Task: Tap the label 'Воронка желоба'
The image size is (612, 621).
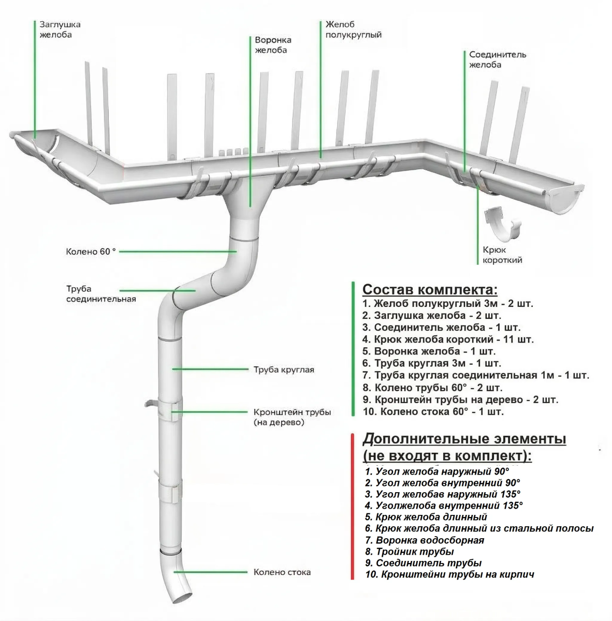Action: [x=273, y=45]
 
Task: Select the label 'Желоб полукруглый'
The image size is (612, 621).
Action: [x=354, y=29]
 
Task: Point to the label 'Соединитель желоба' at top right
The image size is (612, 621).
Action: [x=497, y=60]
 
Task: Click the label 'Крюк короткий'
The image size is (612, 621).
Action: [x=502, y=255]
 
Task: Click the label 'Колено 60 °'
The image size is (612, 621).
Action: [x=91, y=252]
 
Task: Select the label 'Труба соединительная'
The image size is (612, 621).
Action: [x=100, y=294]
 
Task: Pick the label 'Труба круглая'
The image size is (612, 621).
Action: [x=284, y=370]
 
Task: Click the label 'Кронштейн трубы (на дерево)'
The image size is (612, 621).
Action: [x=292, y=417]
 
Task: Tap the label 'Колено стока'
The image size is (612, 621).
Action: [x=282, y=572]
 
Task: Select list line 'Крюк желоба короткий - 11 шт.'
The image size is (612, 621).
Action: [x=448, y=339]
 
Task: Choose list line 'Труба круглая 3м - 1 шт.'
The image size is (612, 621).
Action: [x=432, y=363]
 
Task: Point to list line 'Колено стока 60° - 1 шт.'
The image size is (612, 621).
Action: [x=433, y=412]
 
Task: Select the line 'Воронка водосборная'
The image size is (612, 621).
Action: [x=424, y=540]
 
